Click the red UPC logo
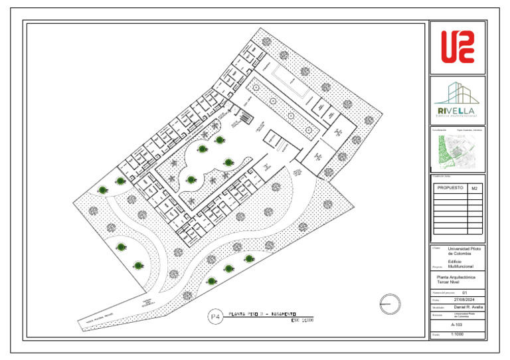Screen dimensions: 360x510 coord(458,48)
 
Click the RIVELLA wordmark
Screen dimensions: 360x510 coord(456,110)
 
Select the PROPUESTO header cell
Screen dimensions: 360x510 coord(450,189)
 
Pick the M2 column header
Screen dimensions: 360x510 coord(474,189)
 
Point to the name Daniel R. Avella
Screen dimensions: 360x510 coord(468,308)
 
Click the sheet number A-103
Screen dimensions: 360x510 coord(457,325)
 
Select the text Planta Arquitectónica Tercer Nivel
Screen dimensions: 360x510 coord(452,279)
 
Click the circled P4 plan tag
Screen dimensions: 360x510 coord(214,317)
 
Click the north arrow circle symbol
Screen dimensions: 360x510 coord(390,304)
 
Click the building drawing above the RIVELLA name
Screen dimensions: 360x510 coord(457,93)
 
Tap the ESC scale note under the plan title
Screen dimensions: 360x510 coord(302,321)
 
